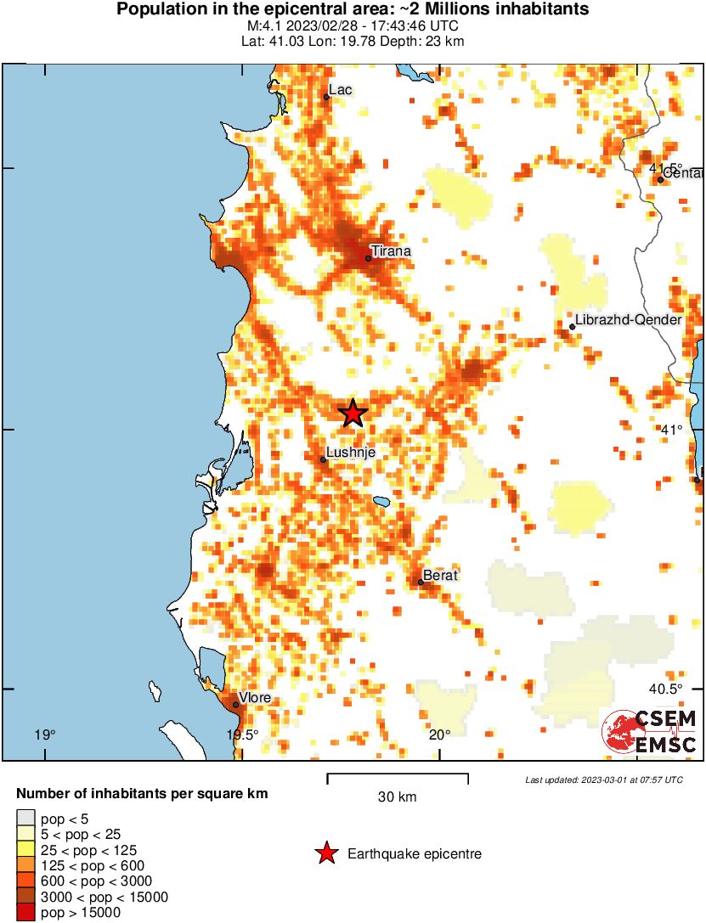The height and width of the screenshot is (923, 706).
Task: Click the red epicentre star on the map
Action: click(353, 414)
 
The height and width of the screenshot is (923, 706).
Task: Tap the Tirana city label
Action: click(391, 251)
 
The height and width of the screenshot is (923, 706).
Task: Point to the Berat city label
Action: click(440, 575)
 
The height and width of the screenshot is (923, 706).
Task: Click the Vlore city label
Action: click(255, 698)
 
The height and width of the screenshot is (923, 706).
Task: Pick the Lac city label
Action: click(340, 90)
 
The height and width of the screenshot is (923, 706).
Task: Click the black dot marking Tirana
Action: click(369, 258)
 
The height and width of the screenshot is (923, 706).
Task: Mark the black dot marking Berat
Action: click(421, 582)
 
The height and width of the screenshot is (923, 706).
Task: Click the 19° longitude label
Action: click(44, 734)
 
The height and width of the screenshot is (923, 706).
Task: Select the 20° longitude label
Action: click(439, 734)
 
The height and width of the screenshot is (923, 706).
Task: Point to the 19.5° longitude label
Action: click(242, 734)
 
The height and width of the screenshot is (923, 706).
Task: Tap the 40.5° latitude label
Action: click(666, 689)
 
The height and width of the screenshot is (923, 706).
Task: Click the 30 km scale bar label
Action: click(397, 796)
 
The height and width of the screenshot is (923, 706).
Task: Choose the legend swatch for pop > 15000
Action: click(26, 913)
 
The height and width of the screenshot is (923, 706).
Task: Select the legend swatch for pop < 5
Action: click(26, 819)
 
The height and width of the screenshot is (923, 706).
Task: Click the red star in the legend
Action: click(325, 854)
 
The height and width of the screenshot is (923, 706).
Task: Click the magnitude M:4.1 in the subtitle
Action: click(258, 26)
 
